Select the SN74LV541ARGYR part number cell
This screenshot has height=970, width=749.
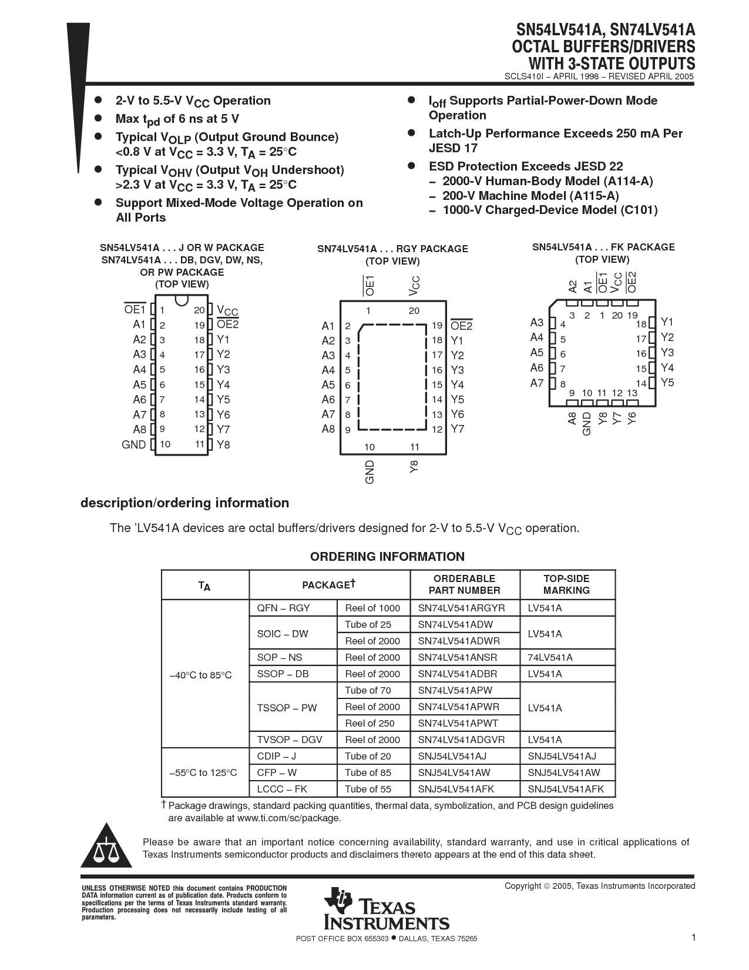(461, 608)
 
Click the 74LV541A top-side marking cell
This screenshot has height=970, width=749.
(550, 657)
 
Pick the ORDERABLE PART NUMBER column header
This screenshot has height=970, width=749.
(464, 584)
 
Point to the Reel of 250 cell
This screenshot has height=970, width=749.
(370, 723)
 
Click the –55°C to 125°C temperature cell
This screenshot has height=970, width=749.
(203, 772)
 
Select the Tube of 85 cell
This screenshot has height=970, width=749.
(368, 772)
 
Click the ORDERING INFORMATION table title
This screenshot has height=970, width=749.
(387, 557)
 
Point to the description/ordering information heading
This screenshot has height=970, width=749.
(184, 503)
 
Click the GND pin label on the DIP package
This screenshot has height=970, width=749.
(133, 444)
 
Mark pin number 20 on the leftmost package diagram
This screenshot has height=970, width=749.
(199, 310)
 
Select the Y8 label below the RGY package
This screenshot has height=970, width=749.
(414, 467)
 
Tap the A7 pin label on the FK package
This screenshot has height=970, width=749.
(537, 383)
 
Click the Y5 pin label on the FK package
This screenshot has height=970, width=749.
(667, 382)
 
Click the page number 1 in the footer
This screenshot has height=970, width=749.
(693, 938)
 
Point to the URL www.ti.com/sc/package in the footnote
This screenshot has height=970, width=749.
(288, 818)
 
